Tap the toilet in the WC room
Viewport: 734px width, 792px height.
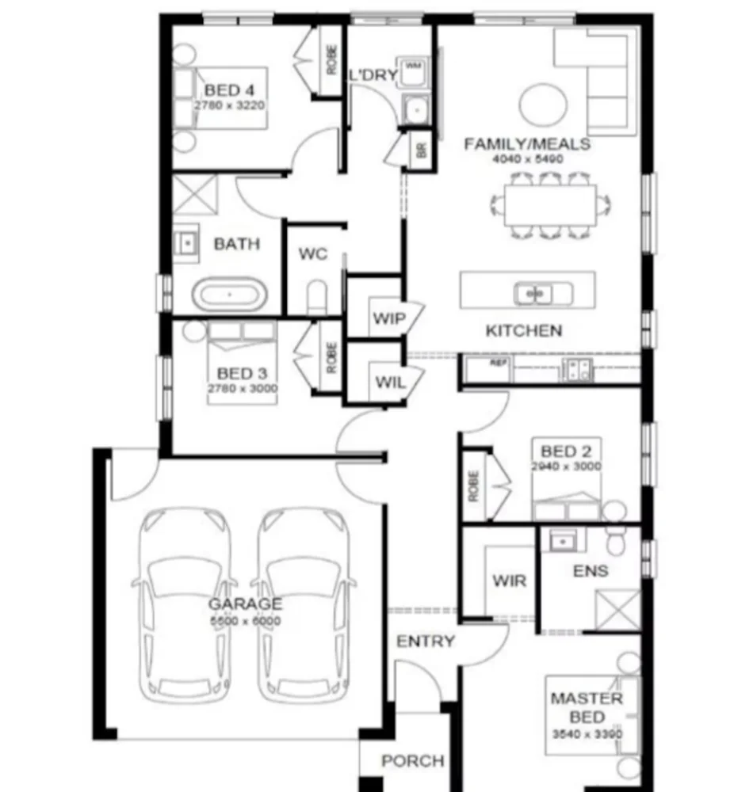coord(315,298)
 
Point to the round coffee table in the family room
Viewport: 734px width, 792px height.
coord(543,104)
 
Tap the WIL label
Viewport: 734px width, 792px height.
coord(389,383)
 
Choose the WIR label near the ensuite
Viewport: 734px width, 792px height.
coord(508,581)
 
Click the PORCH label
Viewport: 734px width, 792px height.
coord(412,761)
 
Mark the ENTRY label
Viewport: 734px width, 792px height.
coord(426,642)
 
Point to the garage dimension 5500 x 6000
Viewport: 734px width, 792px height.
coord(245,621)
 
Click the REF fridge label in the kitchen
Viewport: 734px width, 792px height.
coord(497,363)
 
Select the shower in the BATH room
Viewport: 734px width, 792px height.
coord(195,194)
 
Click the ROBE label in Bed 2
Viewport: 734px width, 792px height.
coord(473,485)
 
